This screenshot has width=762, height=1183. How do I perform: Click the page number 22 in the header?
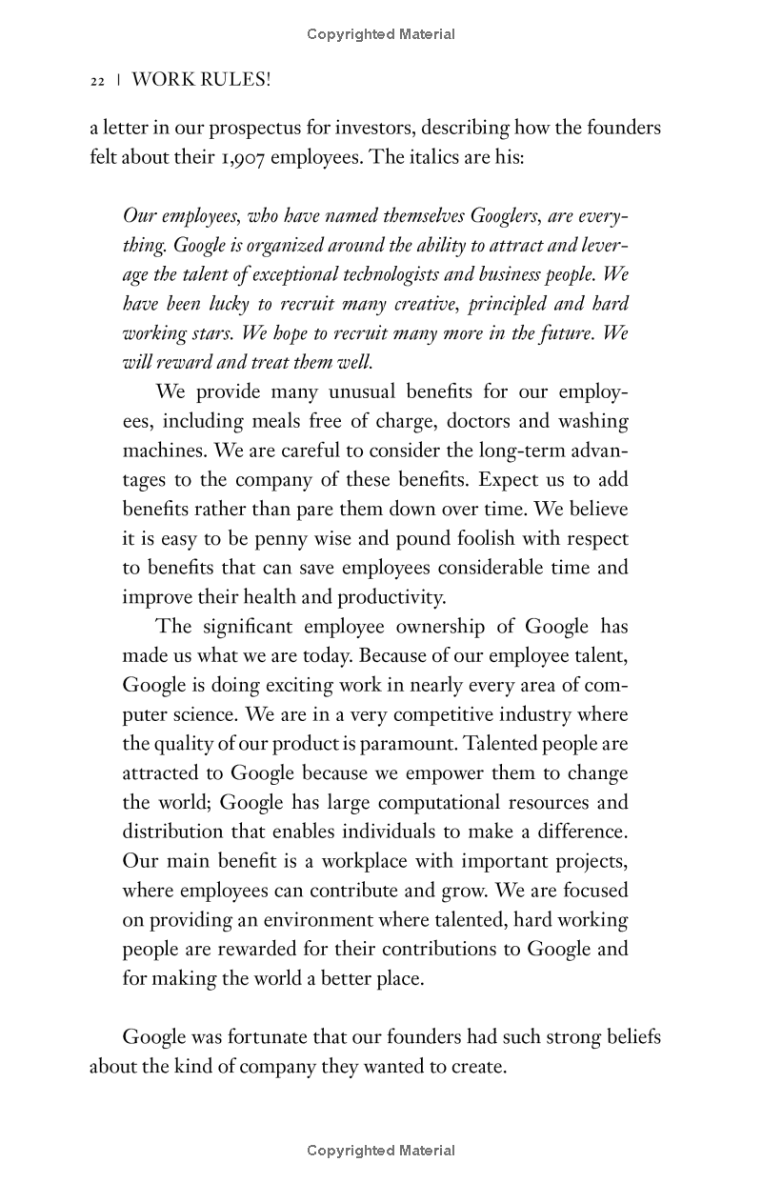click(x=96, y=82)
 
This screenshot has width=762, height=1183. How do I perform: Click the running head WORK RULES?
click(x=201, y=81)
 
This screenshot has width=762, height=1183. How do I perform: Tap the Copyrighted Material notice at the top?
click(x=381, y=34)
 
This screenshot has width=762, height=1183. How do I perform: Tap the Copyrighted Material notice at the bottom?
click(x=381, y=1151)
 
